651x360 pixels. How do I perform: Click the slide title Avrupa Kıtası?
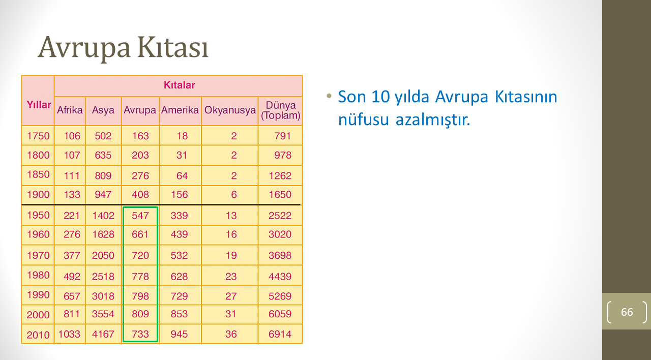(x=123, y=48)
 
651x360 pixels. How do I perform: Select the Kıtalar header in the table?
(x=180, y=85)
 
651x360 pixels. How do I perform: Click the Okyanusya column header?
(x=230, y=110)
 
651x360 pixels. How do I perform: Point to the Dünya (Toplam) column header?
(x=280, y=110)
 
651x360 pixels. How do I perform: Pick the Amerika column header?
(x=180, y=110)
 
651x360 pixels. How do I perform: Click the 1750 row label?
(x=38, y=136)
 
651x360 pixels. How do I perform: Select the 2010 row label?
(x=38, y=335)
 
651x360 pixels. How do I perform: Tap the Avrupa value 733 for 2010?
(x=140, y=334)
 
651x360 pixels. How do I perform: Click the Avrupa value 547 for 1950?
(x=140, y=216)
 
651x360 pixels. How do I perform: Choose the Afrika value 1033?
(x=69, y=334)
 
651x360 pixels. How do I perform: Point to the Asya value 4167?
(x=103, y=334)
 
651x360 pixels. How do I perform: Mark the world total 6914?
(x=280, y=334)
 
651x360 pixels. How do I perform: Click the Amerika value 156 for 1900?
(x=180, y=194)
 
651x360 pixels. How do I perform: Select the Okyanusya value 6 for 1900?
(x=234, y=194)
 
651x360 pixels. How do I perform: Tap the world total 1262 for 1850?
(x=280, y=176)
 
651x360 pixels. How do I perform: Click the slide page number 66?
(x=627, y=312)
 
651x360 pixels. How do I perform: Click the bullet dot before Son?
(x=329, y=96)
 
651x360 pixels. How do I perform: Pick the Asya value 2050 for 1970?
(x=103, y=255)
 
